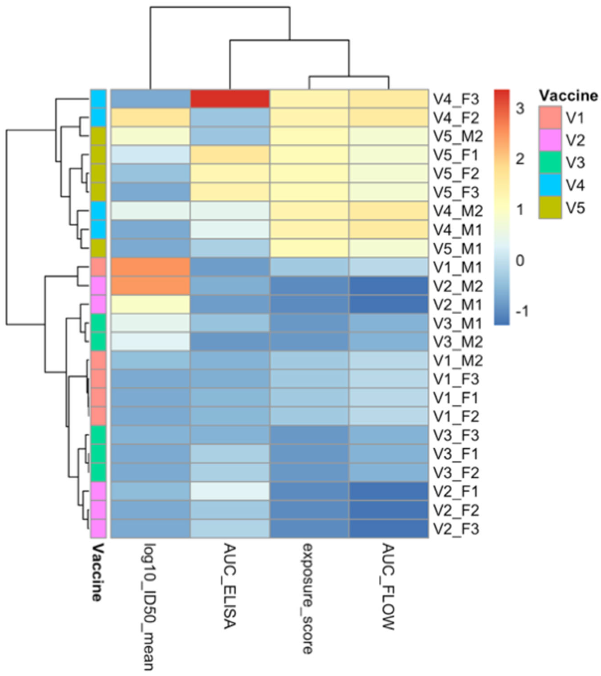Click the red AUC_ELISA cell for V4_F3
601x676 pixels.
[x=230, y=99]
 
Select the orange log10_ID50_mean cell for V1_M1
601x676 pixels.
[x=150, y=267]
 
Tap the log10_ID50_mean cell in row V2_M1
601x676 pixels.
[x=150, y=304]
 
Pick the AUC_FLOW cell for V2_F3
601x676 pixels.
[x=388, y=529]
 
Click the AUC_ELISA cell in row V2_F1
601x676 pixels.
[x=230, y=491]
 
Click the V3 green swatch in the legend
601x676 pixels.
[x=550, y=162]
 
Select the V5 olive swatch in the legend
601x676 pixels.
[x=550, y=208]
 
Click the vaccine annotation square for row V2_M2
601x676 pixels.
[x=98, y=286]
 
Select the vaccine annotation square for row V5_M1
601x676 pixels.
[x=98, y=248]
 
